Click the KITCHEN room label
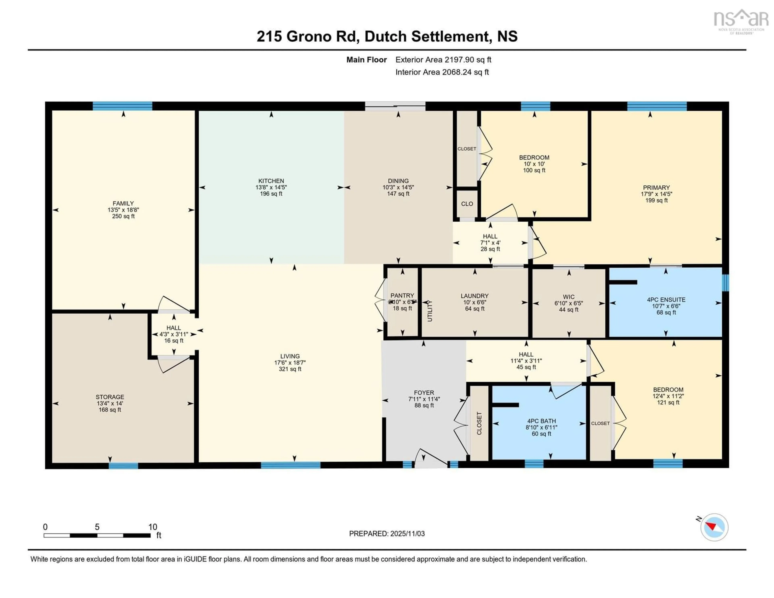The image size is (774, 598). (271, 181)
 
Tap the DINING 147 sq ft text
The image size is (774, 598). (398, 194)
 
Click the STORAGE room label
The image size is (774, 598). (110, 397)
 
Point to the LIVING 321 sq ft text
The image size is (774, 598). (290, 369)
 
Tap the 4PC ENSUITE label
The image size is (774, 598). (666, 300)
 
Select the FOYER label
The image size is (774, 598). (424, 392)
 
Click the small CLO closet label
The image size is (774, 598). (467, 204)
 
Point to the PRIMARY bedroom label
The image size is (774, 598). (656, 188)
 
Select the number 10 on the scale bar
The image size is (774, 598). (152, 527)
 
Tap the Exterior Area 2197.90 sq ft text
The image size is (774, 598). (443, 59)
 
